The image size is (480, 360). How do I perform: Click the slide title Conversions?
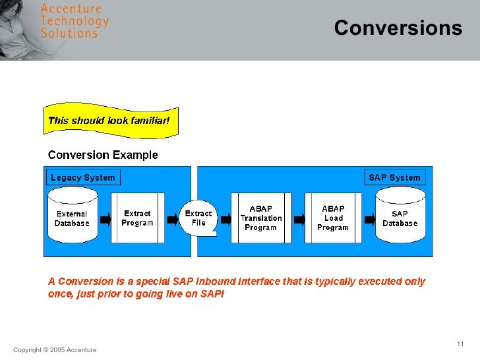coord(398,28)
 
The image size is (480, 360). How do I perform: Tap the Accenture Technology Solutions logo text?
coord(74,21)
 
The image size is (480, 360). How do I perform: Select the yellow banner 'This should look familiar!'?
coord(109,121)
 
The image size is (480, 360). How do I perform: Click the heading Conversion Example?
coord(103,156)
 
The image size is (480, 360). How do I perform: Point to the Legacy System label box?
coord(83,177)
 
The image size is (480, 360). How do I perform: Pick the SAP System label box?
coord(394,177)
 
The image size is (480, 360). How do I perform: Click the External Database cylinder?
coord(72,218)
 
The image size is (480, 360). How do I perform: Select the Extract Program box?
coord(137,218)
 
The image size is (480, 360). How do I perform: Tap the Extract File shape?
coord(198,218)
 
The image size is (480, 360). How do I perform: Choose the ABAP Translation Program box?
coord(260,218)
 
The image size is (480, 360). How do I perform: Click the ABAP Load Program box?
coord(333,218)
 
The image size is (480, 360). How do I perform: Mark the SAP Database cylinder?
coord(400,218)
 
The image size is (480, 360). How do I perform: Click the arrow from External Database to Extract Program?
coord(104,218)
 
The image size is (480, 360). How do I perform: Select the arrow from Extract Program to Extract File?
coord(169,218)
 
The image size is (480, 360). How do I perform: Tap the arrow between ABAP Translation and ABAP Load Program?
coord(298,218)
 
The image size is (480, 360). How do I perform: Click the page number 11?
coord(460,345)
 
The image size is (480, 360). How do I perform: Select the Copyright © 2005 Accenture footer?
coord(55,350)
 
